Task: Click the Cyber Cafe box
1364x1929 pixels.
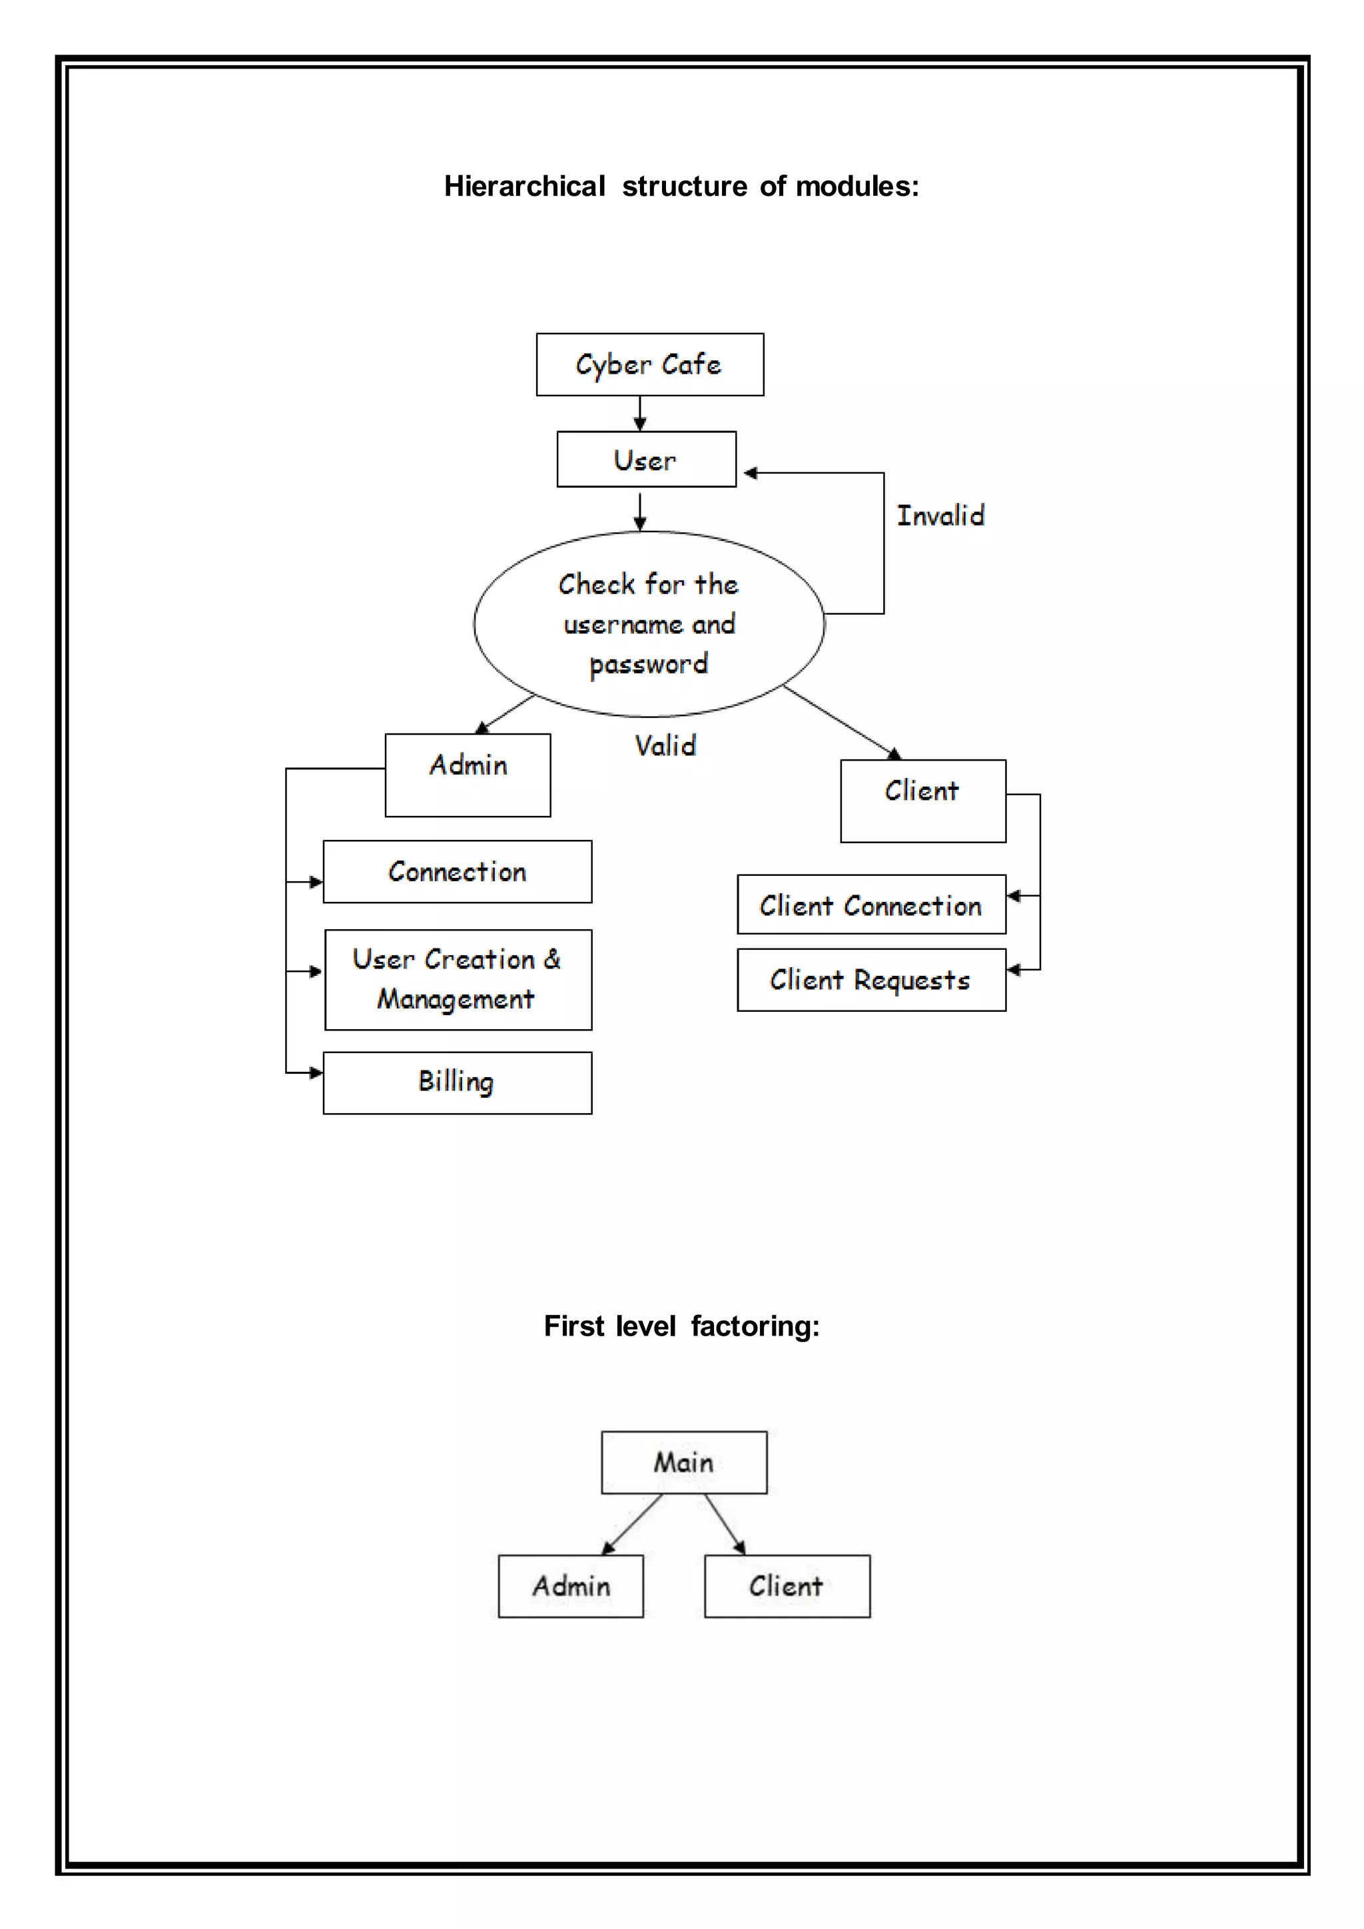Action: (649, 364)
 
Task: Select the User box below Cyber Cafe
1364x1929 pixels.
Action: (646, 460)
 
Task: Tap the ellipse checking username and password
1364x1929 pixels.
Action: (649, 624)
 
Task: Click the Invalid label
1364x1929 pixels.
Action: (940, 515)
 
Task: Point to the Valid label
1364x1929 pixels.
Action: (665, 745)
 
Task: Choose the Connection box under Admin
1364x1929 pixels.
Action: (457, 871)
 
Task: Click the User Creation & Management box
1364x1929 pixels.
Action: (458, 980)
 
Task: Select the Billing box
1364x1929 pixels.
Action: (457, 1082)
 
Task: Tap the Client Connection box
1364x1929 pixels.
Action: (871, 905)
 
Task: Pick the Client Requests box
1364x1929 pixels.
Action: (871, 980)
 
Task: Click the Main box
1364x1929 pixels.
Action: (684, 1463)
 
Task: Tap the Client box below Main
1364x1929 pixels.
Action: (787, 1586)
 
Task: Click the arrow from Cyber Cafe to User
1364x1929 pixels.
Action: (640, 414)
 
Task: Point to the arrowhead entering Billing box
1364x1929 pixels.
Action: (316, 1073)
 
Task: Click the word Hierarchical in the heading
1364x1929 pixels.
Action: (524, 186)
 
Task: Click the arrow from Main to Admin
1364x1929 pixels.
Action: (631, 1524)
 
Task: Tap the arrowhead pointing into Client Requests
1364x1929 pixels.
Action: (1014, 970)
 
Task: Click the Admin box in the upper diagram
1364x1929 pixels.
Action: (468, 775)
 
